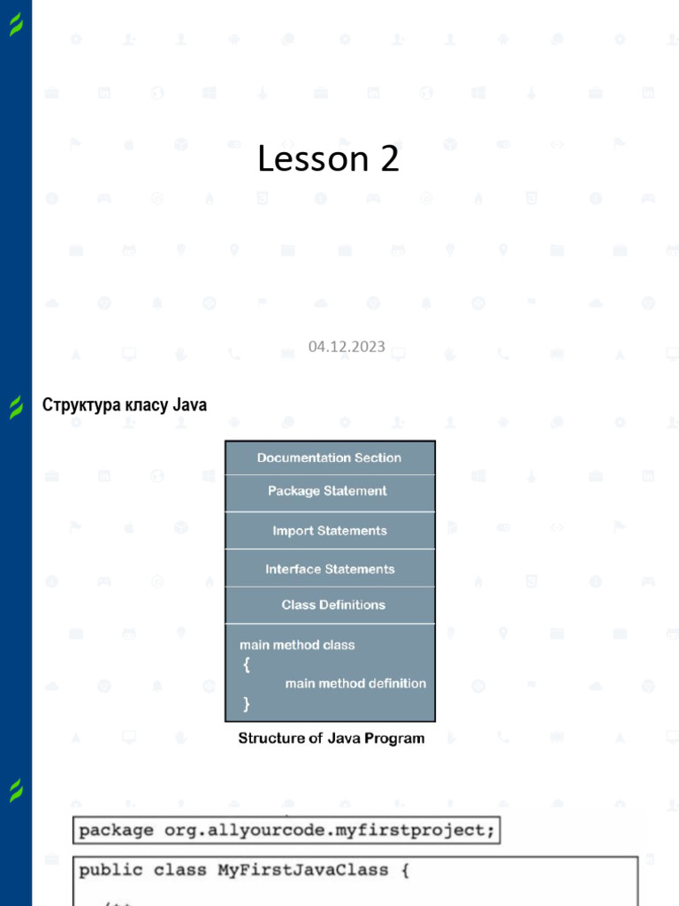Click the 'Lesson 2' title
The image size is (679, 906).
(x=328, y=159)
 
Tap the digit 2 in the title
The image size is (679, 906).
(x=390, y=159)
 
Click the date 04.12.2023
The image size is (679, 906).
(x=347, y=346)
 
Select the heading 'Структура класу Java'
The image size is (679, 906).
(x=125, y=405)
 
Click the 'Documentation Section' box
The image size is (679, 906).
(x=329, y=457)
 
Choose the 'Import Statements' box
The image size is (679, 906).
(x=329, y=531)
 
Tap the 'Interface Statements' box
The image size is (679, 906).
(x=330, y=569)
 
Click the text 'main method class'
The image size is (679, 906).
(x=297, y=645)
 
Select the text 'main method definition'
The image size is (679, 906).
(x=355, y=683)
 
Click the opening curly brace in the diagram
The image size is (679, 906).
(x=246, y=664)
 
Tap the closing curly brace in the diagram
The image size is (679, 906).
(x=246, y=704)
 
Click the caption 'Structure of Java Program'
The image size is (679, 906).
(x=331, y=738)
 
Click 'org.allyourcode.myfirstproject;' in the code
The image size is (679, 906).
(x=331, y=831)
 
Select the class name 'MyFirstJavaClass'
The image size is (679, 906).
(x=302, y=870)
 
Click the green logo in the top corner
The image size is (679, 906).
(x=16, y=26)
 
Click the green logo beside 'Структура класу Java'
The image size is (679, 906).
(x=16, y=407)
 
